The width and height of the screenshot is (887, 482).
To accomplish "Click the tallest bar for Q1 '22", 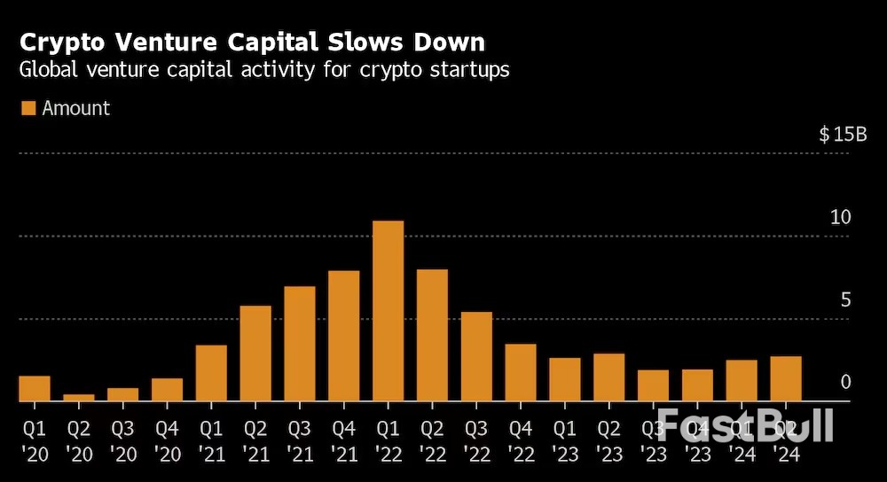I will (388, 311).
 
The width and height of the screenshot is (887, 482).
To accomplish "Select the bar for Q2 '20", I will (78, 398).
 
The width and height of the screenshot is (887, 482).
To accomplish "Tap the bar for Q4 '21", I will (343, 336).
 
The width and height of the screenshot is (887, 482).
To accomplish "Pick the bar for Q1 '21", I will (211, 373).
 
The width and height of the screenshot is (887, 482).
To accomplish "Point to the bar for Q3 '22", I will (476, 356).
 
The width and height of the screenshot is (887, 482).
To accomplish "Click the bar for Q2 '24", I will (786, 378).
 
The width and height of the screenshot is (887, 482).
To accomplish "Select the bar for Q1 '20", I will (35, 389).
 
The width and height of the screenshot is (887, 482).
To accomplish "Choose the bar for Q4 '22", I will (521, 372).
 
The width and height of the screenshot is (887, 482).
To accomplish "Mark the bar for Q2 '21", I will (255, 354).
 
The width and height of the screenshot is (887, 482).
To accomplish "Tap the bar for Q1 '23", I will (565, 379).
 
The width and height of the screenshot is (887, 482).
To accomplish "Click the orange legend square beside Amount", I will (27, 108).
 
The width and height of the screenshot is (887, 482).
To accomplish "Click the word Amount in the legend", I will (76, 108).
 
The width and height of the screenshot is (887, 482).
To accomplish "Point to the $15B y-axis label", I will (843, 135).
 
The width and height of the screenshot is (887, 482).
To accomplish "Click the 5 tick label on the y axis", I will (845, 299).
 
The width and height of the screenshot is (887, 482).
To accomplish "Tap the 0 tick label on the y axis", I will (845, 382).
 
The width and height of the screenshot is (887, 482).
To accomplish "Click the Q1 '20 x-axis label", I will (35, 439).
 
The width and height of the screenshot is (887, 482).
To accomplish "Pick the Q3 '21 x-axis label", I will (300, 439).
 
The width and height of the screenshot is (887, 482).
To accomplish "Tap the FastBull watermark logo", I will (745, 425).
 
